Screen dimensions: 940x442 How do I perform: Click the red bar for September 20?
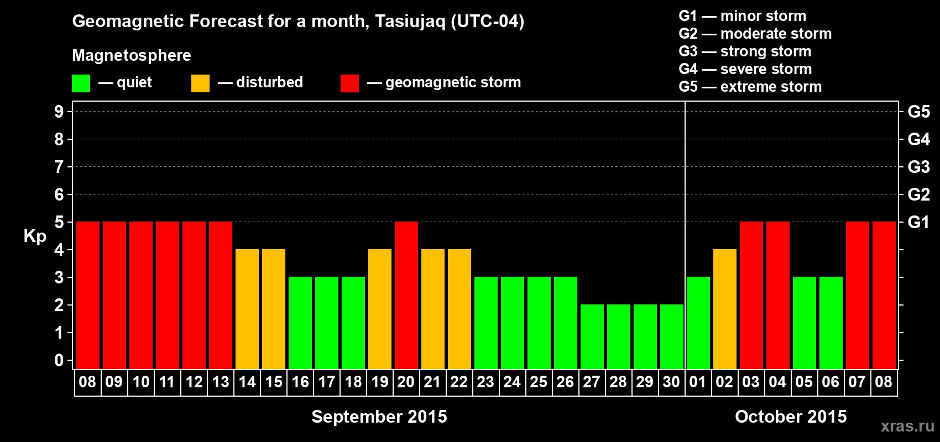406,295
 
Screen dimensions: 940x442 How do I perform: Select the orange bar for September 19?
380,309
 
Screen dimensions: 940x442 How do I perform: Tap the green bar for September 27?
592,336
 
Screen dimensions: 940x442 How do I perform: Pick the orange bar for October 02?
725,309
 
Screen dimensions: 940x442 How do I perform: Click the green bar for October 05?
805,323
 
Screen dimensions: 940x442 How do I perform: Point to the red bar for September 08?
88,295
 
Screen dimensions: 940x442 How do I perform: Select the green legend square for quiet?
81,83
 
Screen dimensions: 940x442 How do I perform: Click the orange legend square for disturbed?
200,83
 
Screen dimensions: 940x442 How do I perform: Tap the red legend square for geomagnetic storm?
349,83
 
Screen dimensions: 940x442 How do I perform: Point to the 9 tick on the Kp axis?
59,112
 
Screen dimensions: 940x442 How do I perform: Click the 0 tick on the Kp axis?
59,360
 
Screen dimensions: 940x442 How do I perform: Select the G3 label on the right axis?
919,167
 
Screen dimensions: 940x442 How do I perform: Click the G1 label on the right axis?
919,222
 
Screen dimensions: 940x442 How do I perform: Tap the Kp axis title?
35,236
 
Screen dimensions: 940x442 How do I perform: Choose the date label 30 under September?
671,382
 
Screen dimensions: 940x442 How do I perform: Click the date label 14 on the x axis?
247,382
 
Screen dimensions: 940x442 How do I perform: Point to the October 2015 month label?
791,417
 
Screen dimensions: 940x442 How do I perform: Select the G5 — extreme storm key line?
750,87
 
